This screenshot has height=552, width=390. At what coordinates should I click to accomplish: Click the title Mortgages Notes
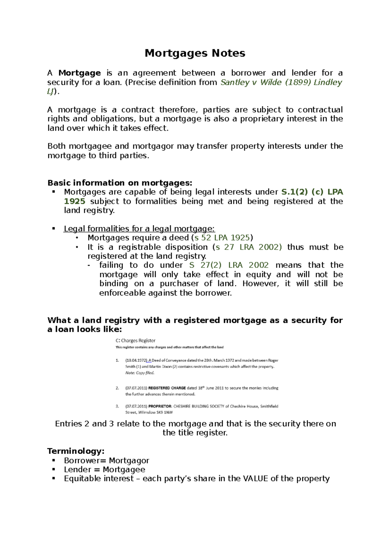point(195,53)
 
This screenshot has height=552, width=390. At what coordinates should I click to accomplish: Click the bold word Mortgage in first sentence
point(79,73)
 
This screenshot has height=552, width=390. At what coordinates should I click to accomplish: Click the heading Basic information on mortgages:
point(120,183)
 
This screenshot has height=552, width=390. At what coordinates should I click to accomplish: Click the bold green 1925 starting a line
point(74,201)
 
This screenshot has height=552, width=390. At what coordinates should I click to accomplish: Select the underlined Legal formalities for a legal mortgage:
point(139,229)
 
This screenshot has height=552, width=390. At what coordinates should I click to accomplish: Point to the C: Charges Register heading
point(136,341)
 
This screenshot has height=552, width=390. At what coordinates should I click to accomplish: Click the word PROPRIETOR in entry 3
point(160,406)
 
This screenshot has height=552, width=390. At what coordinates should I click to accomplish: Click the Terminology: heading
point(76,451)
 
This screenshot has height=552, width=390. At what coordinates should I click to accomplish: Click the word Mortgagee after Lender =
point(124,469)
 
